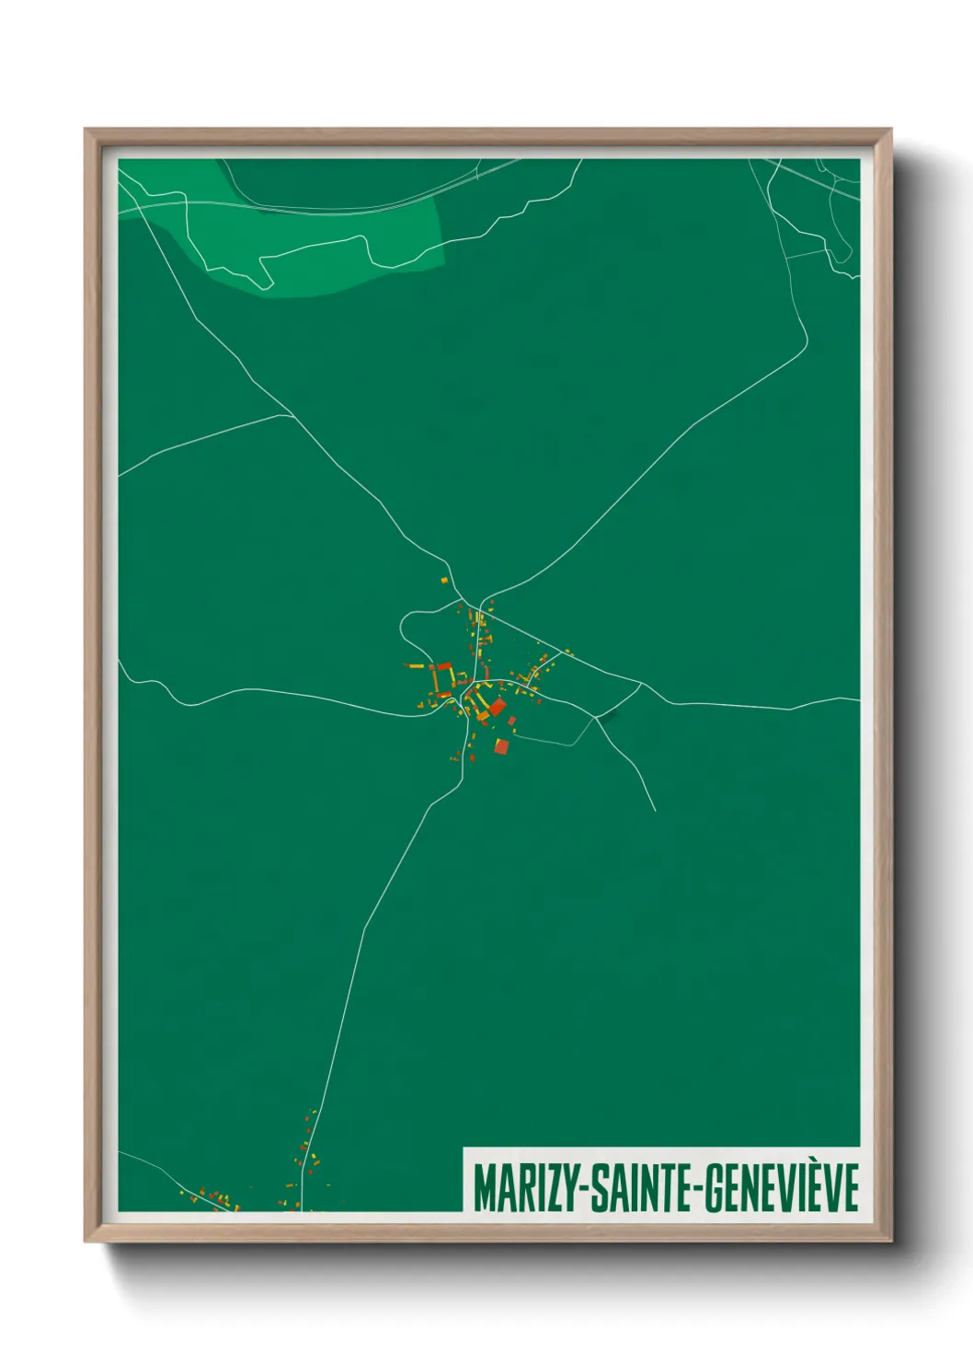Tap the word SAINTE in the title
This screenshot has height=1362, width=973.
pos(637,1188)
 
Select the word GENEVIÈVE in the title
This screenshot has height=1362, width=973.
pos(783,1188)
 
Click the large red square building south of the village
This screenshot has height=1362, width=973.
pos(501,745)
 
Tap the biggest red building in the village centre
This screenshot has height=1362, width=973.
pos(497,707)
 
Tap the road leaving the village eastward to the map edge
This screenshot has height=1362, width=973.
pos(754,707)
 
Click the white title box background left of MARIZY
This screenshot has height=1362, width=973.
pos(468,1187)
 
